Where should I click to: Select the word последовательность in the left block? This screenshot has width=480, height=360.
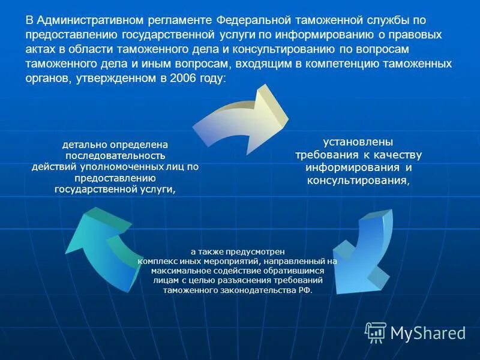click(x=115, y=155)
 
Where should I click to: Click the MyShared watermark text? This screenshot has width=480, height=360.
click(x=428, y=332)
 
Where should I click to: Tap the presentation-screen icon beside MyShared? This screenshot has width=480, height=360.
click(x=376, y=331)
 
